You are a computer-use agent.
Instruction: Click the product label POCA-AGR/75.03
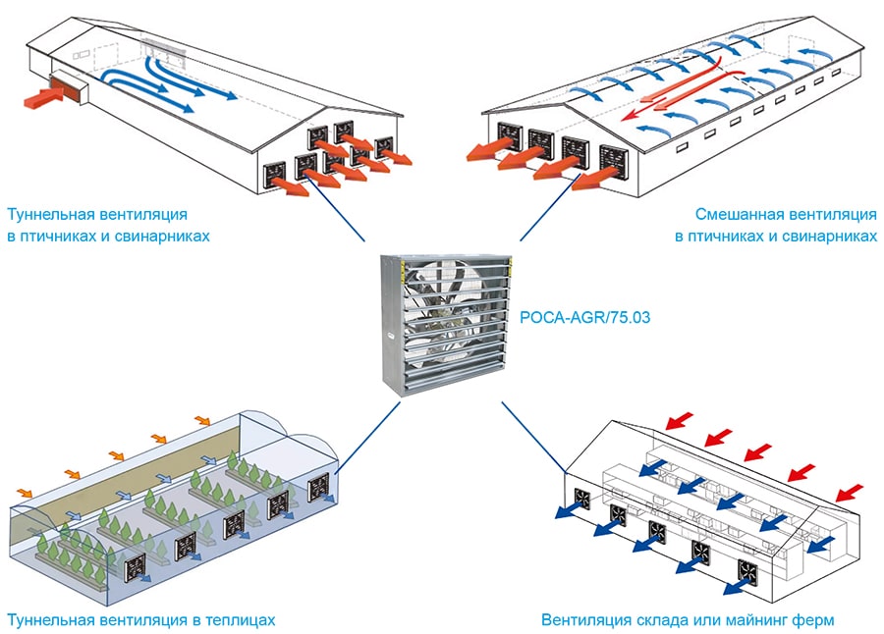(586, 316)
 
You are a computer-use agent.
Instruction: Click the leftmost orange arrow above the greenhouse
(25, 490)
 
